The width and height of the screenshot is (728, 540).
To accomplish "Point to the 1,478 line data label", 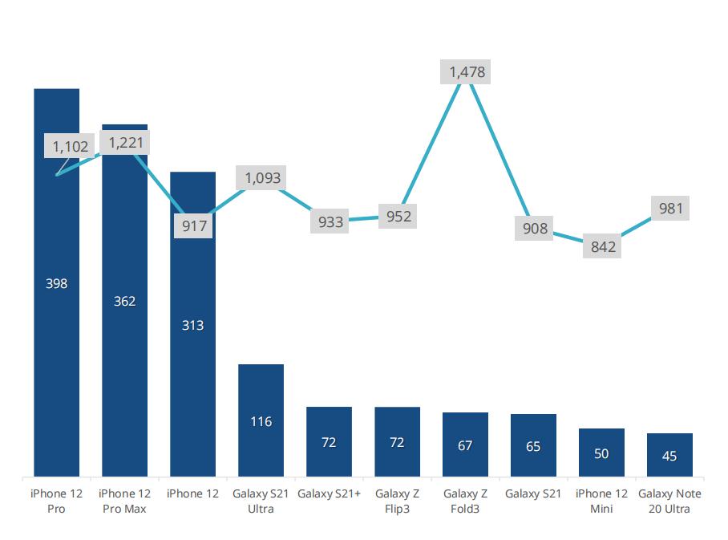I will click(467, 72).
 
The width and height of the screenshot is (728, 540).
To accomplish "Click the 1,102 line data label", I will click(71, 146).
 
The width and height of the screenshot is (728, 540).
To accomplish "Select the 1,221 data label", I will click(124, 142).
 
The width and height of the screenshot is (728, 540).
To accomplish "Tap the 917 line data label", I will click(194, 226).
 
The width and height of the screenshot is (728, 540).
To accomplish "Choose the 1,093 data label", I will click(263, 177).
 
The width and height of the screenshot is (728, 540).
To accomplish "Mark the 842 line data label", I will click(603, 246).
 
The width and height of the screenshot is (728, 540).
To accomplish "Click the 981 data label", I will click(670, 209).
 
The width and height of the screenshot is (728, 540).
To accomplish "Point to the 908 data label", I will click(535, 229).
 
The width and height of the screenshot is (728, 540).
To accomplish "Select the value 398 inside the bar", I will click(56, 283).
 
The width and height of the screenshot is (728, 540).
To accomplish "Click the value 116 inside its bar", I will click(261, 421).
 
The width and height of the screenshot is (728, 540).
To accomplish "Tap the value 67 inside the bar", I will click(465, 445).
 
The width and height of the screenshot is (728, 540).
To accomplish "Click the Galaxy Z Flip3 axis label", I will click(397, 501).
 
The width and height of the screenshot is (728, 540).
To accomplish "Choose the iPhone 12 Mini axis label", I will click(601, 501).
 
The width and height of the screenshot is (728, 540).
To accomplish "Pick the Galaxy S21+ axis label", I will click(329, 493).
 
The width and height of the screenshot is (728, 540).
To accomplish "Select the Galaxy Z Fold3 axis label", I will click(465, 501).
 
